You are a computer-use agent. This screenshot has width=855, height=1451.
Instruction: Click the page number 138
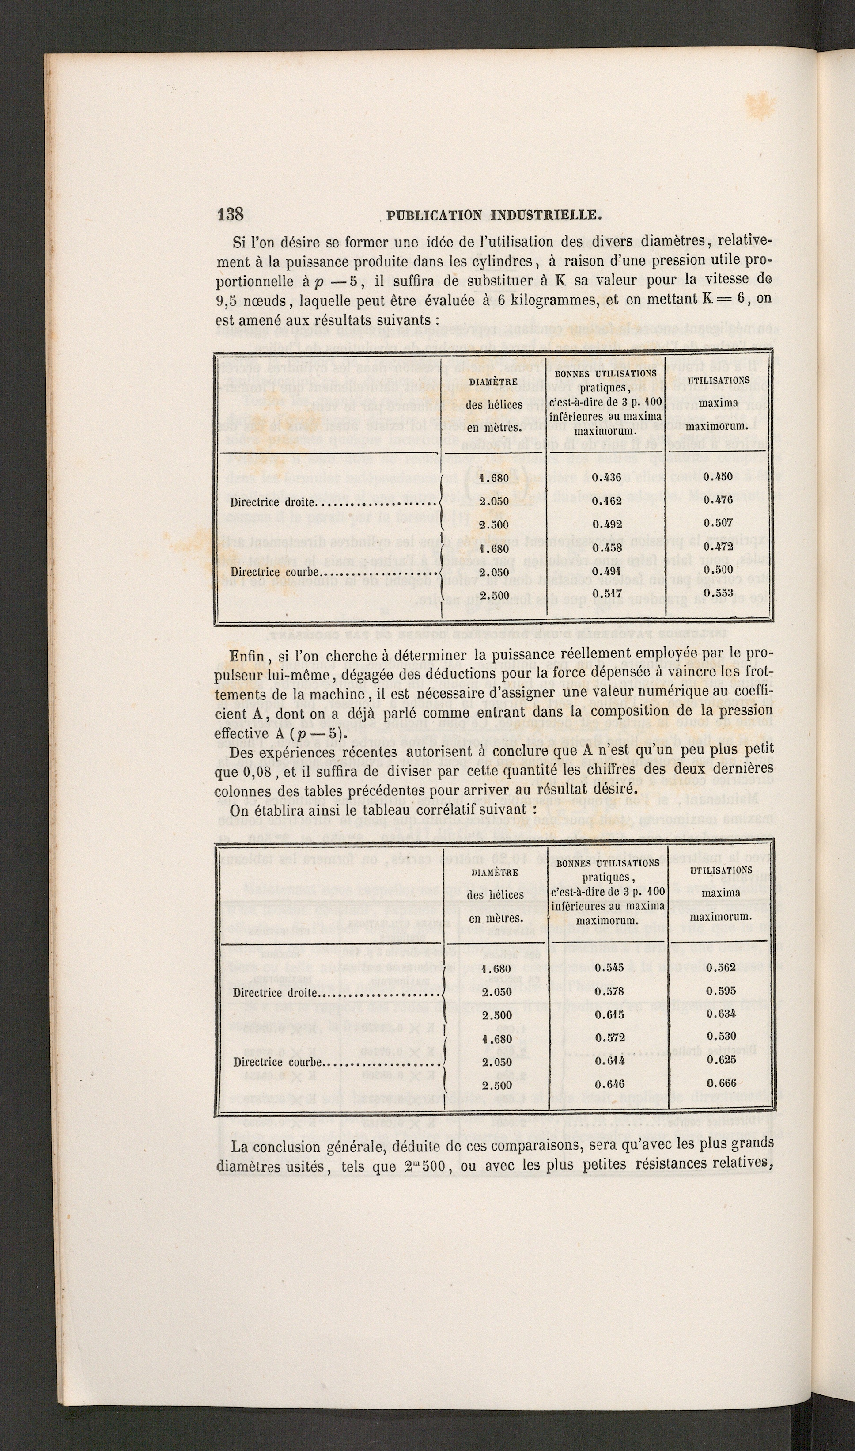(231, 214)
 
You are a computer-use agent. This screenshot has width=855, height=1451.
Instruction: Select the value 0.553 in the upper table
(719, 593)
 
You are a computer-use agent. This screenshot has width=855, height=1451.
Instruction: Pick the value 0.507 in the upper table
(719, 523)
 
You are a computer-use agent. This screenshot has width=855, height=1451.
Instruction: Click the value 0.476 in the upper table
(719, 500)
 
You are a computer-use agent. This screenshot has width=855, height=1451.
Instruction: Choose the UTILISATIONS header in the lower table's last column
(721, 870)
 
